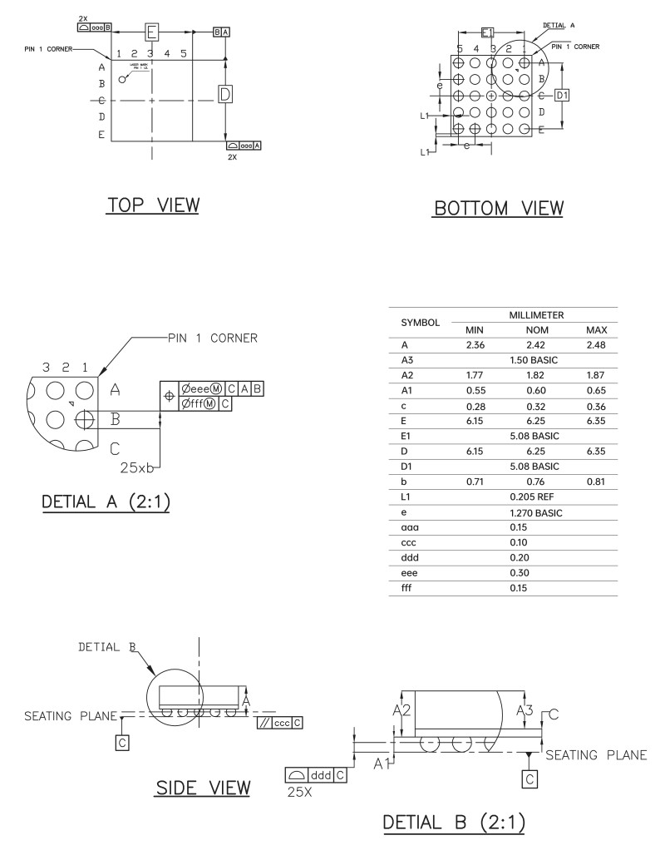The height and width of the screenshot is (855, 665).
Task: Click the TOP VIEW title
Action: tap(152, 205)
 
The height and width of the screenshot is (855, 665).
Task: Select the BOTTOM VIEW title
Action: tap(497, 208)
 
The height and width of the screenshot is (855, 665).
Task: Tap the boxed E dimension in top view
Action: tap(152, 32)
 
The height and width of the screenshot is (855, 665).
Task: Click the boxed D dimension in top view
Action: tap(224, 94)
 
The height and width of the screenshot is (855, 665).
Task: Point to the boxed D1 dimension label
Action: tap(563, 96)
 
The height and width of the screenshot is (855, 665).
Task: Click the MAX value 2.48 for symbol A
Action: tap(596, 344)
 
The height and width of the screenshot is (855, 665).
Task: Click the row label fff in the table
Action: tap(406, 587)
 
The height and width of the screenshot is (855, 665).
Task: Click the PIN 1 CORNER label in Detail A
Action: tap(212, 338)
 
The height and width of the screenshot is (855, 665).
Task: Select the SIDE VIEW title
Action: tap(203, 788)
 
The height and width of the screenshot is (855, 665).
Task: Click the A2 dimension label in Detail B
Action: tap(401, 710)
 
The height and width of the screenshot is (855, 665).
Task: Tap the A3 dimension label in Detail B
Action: tap(525, 710)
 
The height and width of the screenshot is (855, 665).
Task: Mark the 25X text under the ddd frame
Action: tap(298, 790)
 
